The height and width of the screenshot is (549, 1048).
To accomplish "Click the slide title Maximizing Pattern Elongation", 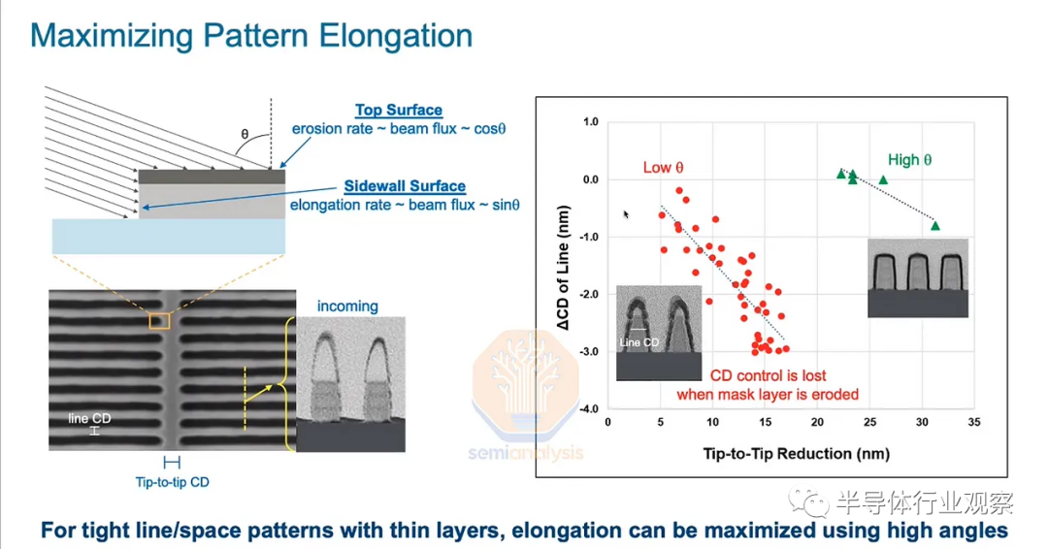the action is point(251,36).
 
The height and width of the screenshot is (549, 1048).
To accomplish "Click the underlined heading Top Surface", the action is point(399,111).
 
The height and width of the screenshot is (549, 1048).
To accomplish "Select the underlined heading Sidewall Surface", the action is point(405,186).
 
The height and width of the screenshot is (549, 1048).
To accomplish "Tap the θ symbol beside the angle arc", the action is point(245,134).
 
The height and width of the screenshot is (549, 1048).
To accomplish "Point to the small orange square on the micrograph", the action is point(159,321).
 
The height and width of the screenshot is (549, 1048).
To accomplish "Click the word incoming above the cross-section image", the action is point(347,307).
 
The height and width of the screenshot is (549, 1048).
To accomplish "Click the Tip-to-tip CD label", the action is point(173,482).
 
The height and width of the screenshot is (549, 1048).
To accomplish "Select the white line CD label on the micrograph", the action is point(89,419).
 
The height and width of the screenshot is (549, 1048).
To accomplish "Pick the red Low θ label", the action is point(663,168).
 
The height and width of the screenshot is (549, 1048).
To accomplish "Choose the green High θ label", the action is point(909,160).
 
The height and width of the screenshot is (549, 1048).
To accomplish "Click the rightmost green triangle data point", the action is point(935,226).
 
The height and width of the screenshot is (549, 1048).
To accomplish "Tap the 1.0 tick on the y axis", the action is point(591,122).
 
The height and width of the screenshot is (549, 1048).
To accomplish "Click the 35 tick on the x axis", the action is point(974,422).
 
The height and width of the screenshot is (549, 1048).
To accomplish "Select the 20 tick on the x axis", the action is point(817,422).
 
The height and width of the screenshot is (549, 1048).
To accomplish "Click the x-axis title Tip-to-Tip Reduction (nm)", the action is point(796,454).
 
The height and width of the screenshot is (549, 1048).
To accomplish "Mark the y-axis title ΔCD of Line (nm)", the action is point(564,268).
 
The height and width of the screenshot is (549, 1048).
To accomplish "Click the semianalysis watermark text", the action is point(525,454).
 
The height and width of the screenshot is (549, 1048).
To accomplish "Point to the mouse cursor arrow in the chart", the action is point(626,214).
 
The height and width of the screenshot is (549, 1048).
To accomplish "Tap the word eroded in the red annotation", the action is point(835,395).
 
